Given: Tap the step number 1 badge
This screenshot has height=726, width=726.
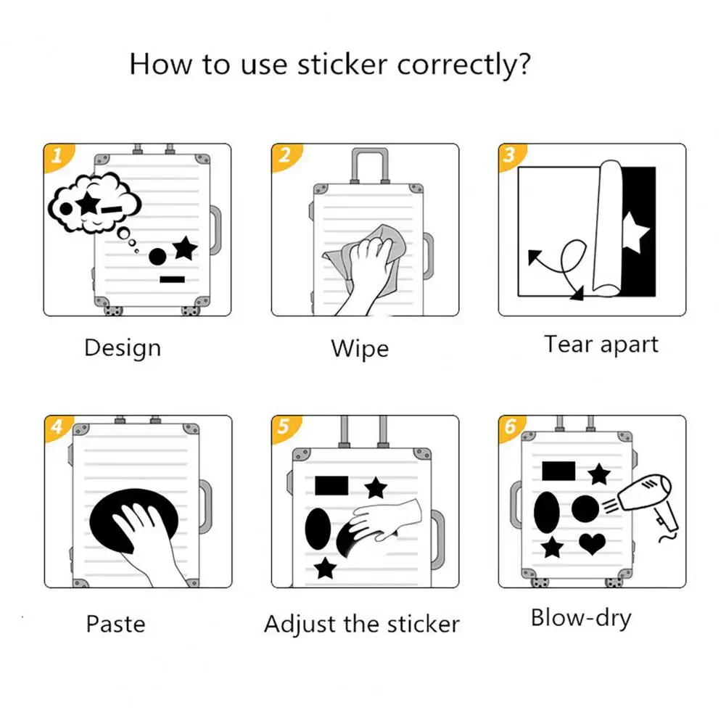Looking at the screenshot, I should click(x=54, y=154).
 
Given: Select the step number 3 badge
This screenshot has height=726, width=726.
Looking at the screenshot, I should click(x=509, y=154).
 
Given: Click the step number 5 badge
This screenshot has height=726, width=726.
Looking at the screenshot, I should click(x=282, y=426).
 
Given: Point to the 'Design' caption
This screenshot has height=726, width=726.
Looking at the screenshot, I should click(x=122, y=348).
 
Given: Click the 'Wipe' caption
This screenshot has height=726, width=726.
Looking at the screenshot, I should click(x=360, y=349).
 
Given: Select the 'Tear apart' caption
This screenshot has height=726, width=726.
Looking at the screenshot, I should click(x=601, y=345).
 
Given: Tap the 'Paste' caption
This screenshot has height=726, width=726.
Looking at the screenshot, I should click(x=115, y=624).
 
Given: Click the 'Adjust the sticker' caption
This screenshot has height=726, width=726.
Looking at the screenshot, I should click(x=361, y=624).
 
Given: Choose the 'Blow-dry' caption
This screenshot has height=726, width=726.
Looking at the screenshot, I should click(x=581, y=619).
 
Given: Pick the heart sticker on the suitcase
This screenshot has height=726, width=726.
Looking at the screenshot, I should click(x=592, y=543).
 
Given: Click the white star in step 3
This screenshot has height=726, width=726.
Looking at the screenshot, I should click(x=634, y=233).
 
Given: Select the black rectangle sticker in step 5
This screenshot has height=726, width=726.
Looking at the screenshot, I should click(x=331, y=485).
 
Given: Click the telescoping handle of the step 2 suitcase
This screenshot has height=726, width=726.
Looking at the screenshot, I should click(x=369, y=166).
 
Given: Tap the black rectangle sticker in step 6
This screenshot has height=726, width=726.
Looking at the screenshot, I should click(x=558, y=471).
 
